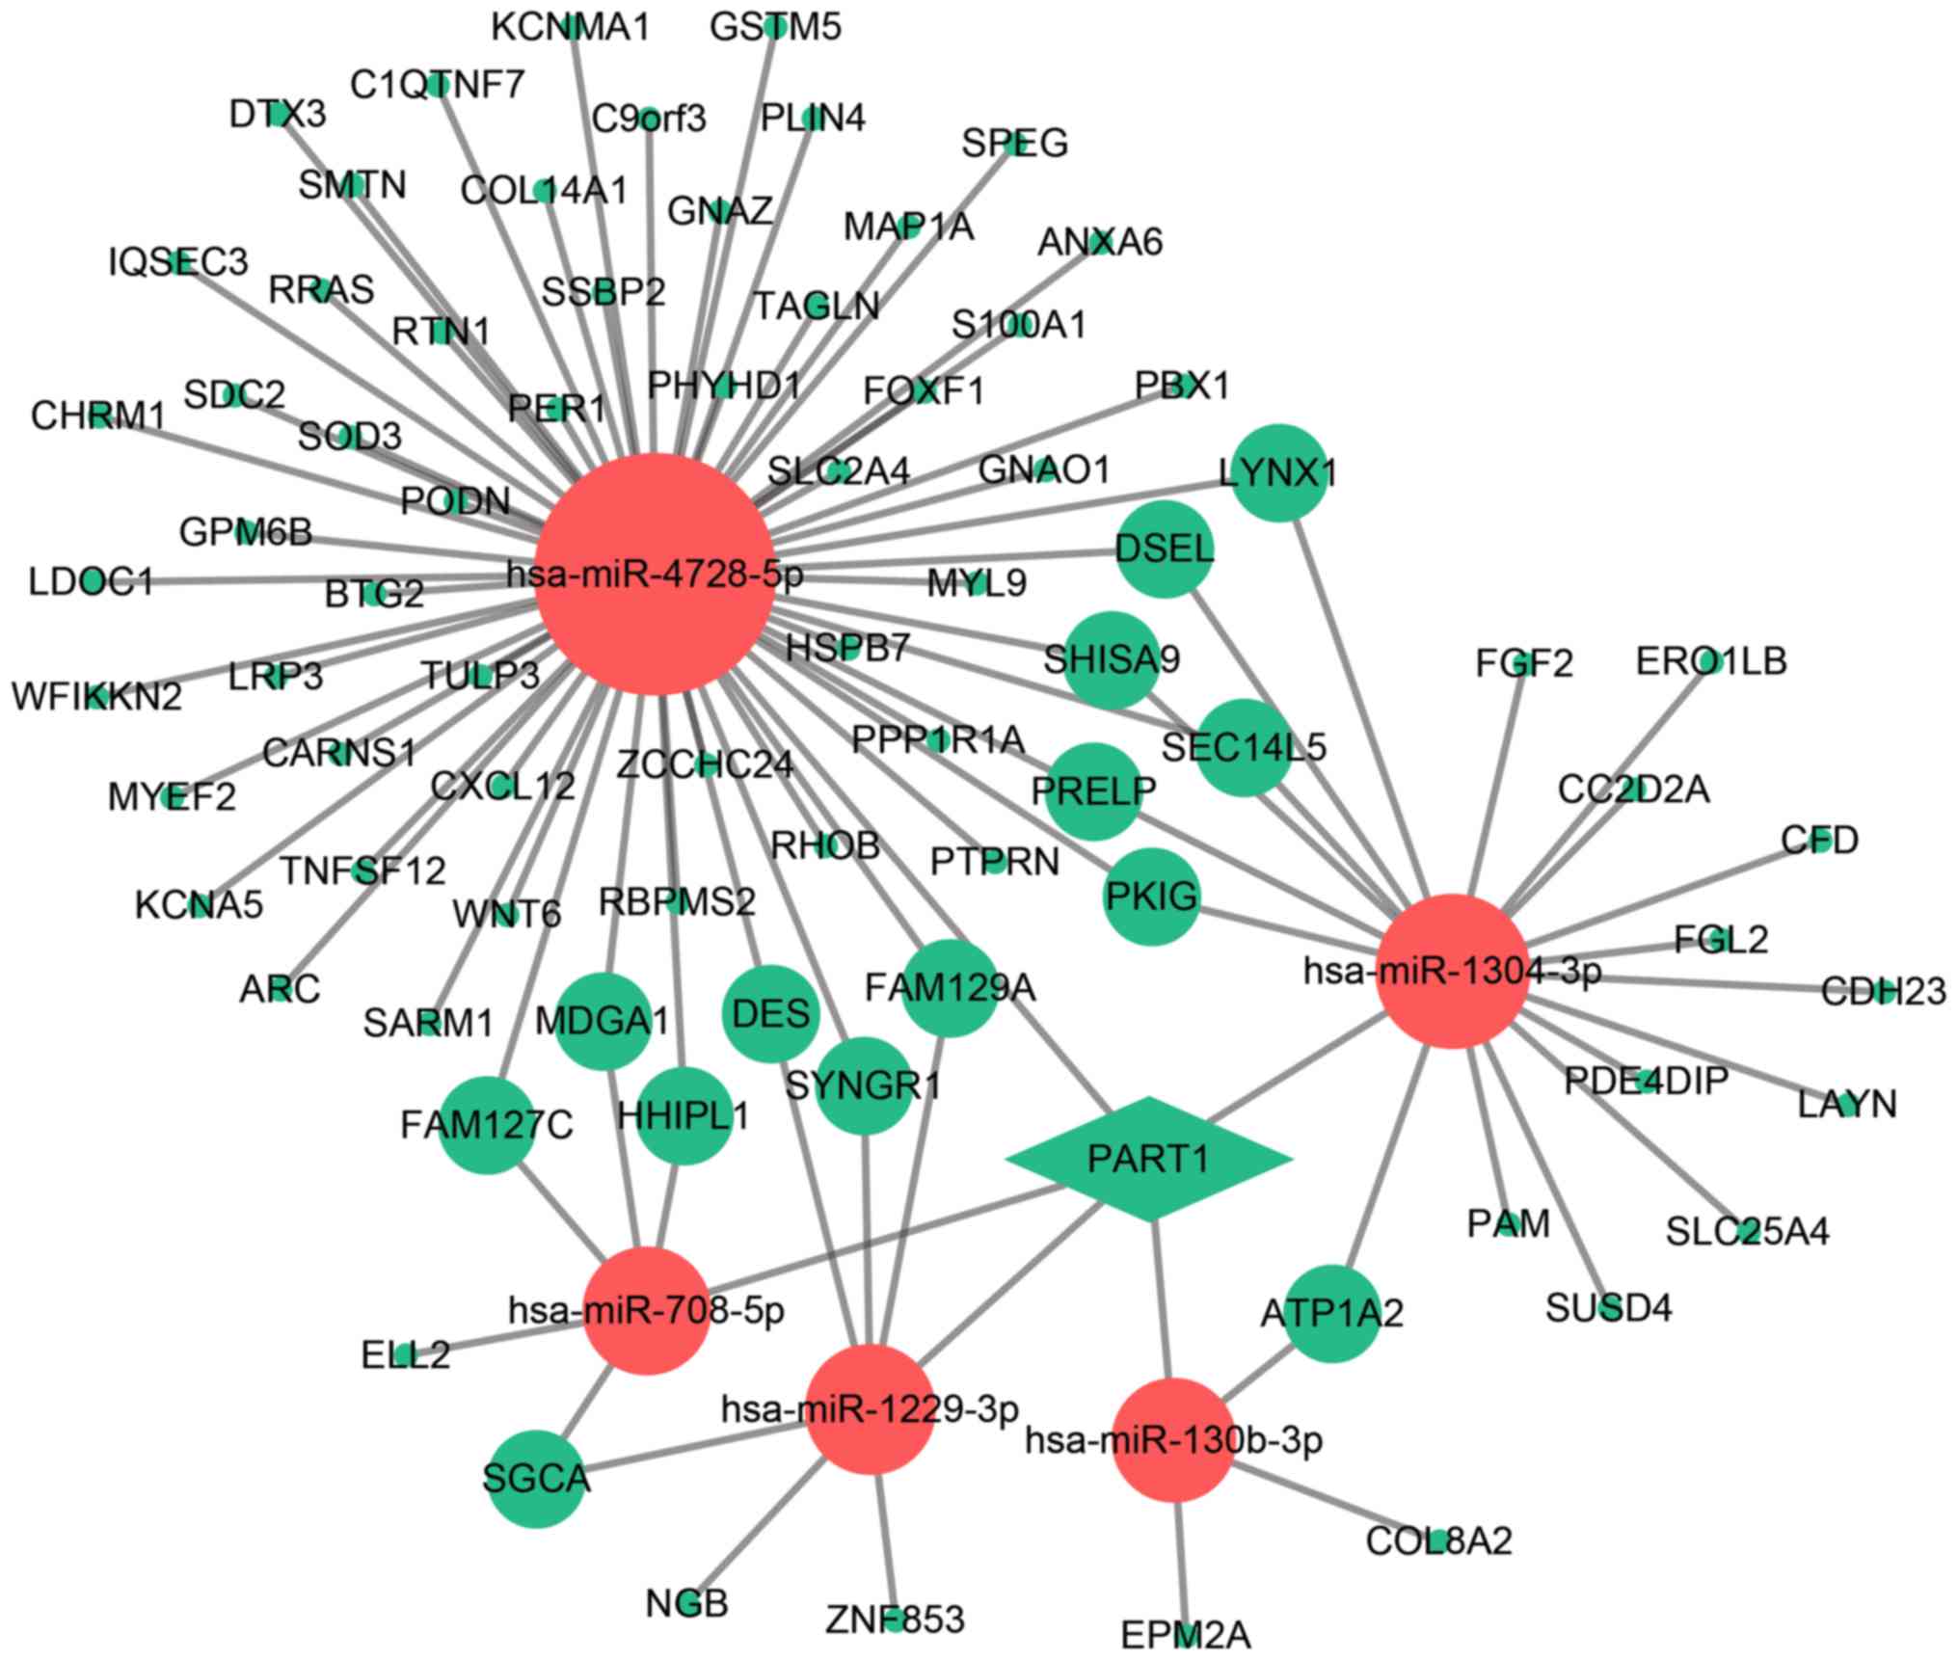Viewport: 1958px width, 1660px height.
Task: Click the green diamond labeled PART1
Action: coord(1148,1158)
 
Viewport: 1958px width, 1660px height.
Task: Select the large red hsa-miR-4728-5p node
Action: coord(655,575)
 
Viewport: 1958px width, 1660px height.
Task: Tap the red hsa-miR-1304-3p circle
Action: coord(1453,971)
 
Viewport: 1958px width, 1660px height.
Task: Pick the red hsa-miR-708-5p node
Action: coord(647,1309)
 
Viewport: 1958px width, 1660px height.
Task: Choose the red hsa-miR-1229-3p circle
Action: coord(871,1408)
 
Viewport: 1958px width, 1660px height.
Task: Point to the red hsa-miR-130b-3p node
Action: coord(1174,1439)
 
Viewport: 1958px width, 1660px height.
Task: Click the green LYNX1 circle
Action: coord(1278,473)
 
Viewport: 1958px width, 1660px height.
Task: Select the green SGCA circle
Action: coord(536,1479)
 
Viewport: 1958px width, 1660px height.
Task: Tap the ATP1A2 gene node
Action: coord(1331,1313)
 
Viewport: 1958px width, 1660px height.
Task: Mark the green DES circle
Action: coord(770,1013)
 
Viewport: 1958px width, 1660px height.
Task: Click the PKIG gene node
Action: coord(1151,897)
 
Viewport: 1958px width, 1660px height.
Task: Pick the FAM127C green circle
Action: coord(487,1125)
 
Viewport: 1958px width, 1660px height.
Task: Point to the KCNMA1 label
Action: coord(570,27)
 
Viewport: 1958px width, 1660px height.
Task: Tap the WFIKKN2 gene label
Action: coord(96,696)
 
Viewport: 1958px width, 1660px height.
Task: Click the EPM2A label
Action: coord(1186,1635)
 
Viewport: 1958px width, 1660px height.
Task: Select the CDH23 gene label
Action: coord(1883,991)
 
